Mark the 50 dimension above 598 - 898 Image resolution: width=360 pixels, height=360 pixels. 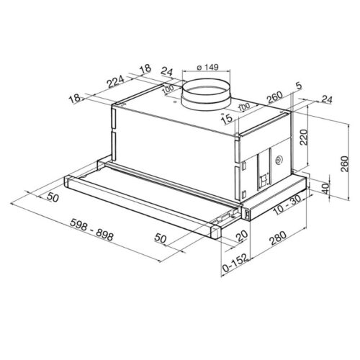point(51,197)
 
